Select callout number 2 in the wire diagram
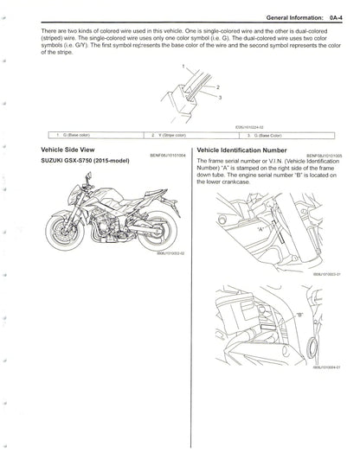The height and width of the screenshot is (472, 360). click(218, 88)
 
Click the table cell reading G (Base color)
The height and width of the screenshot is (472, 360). click(74, 135)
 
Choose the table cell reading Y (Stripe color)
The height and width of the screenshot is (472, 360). click(169, 135)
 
